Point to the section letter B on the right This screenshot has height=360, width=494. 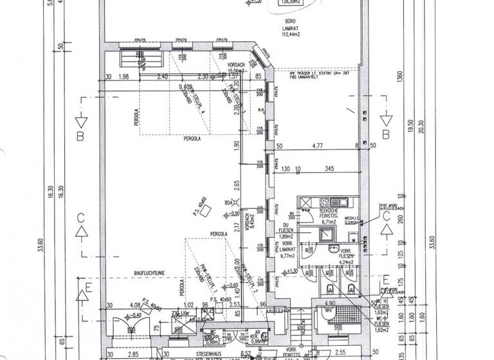pyautogui.click(x=387, y=134)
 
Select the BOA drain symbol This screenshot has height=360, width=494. pyautogui.click(x=228, y=204)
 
